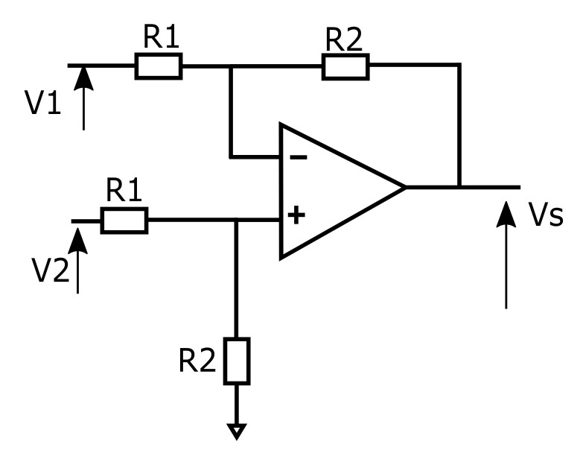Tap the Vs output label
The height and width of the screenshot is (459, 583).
point(545,216)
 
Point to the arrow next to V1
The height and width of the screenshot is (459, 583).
point(83,97)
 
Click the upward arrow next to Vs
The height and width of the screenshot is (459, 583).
point(506,253)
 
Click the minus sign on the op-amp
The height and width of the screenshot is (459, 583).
point(296,157)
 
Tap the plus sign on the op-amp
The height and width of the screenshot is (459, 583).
point(296,216)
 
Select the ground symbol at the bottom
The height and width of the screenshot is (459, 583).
point(236,431)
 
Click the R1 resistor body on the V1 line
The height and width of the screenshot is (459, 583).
point(158,66)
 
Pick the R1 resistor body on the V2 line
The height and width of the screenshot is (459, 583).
point(124,221)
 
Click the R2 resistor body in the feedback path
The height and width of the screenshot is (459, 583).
point(345,66)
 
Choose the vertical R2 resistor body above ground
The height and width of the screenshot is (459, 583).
point(237,360)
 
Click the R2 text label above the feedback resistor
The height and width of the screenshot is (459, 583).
point(345,39)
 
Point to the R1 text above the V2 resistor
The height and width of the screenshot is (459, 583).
point(124,192)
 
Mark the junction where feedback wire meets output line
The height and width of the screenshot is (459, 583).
point(459,186)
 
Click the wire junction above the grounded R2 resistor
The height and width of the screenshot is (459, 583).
point(236,220)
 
